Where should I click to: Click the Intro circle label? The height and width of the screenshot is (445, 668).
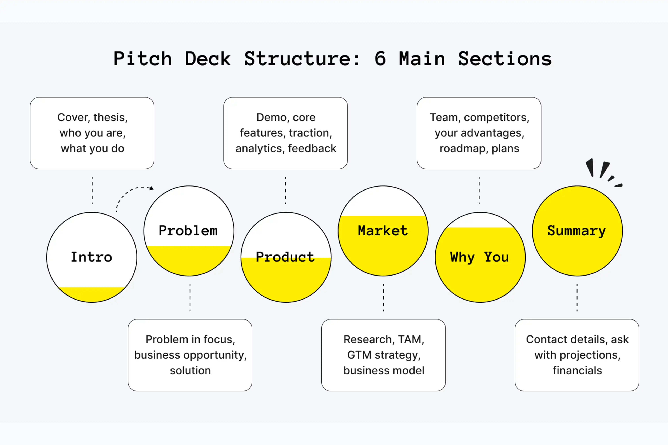tap(92, 257)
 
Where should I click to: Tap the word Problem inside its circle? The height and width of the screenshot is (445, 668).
tap(188, 230)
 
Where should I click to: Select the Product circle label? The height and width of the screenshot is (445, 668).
tap(285, 257)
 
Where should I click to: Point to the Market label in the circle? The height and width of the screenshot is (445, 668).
tap(383, 230)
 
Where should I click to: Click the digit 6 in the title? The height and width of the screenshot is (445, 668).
tap(380, 59)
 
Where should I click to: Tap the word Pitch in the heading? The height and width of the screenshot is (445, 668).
tap(143, 59)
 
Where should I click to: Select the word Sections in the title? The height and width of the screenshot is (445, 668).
tap(505, 59)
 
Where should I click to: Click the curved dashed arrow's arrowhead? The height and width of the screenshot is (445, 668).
tap(152, 188)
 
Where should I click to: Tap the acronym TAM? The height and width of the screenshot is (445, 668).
tap(411, 340)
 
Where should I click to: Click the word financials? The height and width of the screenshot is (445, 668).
tap(577, 370)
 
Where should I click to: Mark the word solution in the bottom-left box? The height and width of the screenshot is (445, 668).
tap(190, 371)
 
